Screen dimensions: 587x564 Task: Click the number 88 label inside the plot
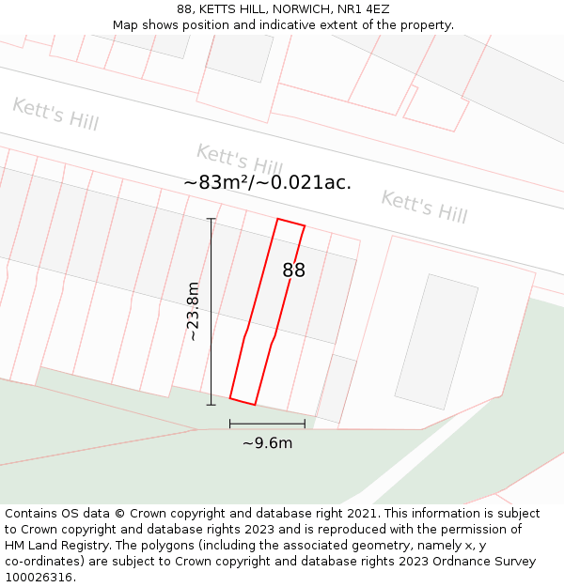(x=293, y=270)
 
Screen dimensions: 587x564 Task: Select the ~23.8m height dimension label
(x=193, y=311)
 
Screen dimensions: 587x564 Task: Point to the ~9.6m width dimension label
(x=267, y=443)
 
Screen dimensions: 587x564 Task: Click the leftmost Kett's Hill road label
(x=55, y=114)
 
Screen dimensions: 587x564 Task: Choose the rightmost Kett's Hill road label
(x=423, y=206)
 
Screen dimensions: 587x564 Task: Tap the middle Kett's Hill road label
(x=239, y=159)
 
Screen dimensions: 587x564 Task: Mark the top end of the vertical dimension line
(x=211, y=219)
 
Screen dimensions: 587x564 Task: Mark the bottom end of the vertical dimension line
(x=211, y=405)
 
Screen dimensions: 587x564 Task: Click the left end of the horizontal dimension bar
(x=230, y=425)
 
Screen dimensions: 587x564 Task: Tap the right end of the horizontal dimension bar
(x=305, y=425)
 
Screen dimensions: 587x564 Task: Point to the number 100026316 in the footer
(x=39, y=577)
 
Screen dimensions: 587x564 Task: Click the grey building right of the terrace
(x=435, y=341)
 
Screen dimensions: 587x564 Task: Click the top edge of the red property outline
(x=290, y=223)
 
